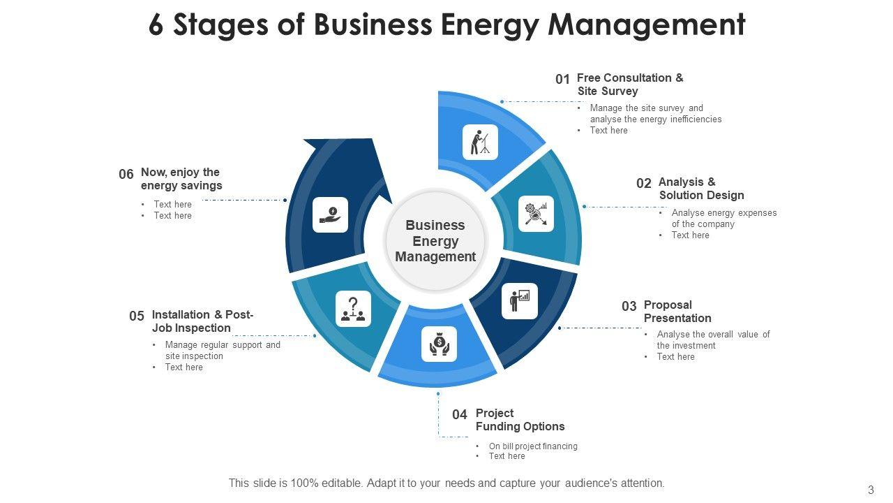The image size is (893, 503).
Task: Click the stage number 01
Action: pyautogui.click(x=562, y=79)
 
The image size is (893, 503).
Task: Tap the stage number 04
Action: pyautogui.click(x=459, y=414)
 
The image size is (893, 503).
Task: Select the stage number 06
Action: pyautogui.click(x=126, y=174)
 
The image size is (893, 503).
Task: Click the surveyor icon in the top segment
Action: pyautogui.click(x=480, y=143)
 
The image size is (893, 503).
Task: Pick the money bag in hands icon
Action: pyautogui.click(x=439, y=344)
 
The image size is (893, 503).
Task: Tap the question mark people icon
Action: pyautogui.click(x=353, y=309)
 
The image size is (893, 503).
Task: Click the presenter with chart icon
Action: pyautogui.click(x=520, y=301)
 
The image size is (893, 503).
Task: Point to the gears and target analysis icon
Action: pyautogui.click(x=536, y=214)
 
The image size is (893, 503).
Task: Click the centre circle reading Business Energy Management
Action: pyautogui.click(x=435, y=241)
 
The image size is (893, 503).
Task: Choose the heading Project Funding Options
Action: pyautogui.click(x=520, y=420)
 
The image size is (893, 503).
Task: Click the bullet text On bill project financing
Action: pyautogui.click(x=533, y=446)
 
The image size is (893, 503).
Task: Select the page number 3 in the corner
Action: pyautogui.click(x=871, y=490)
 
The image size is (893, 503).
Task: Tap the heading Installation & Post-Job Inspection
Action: pyautogui.click(x=202, y=321)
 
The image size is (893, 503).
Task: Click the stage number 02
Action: pyautogui.click(x=643, y=183)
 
